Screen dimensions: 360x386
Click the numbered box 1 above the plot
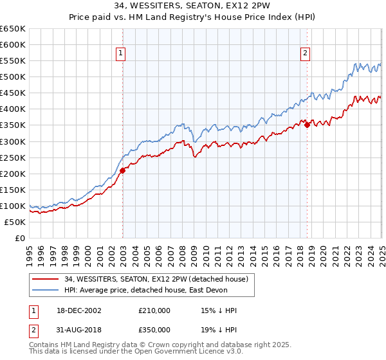(121, 54)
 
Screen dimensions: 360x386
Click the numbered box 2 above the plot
(305, 54)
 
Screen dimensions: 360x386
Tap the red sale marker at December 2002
(122, 170)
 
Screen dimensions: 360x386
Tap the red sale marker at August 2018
(307, 125)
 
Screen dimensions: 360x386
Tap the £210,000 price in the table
(154, 310)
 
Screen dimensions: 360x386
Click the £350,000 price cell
(154, 330)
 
